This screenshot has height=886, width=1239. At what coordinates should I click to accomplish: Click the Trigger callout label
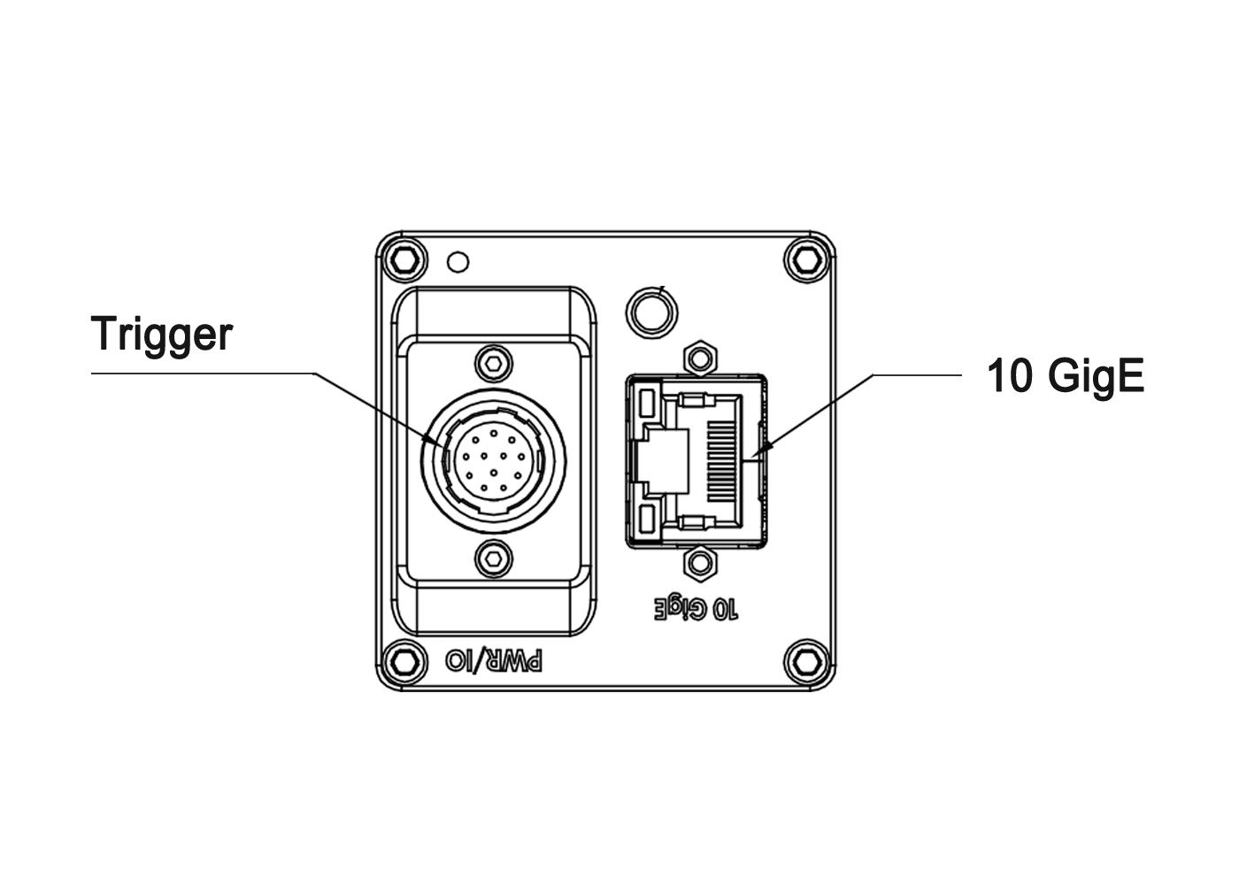(162, 334)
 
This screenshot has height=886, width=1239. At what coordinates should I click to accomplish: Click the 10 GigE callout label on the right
(1065, 376)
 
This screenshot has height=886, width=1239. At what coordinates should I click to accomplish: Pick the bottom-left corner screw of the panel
(403, 660)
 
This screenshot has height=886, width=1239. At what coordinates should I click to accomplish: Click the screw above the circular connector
(493, 361)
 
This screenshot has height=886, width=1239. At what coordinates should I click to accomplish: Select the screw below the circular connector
(493, 558)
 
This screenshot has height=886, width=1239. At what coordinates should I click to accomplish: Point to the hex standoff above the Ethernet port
(701, 358)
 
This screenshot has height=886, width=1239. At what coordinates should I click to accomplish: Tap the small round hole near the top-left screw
(458, 262)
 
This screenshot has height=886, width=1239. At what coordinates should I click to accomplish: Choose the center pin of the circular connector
(492, 460)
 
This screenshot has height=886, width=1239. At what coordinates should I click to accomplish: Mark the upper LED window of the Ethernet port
(646, 404)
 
